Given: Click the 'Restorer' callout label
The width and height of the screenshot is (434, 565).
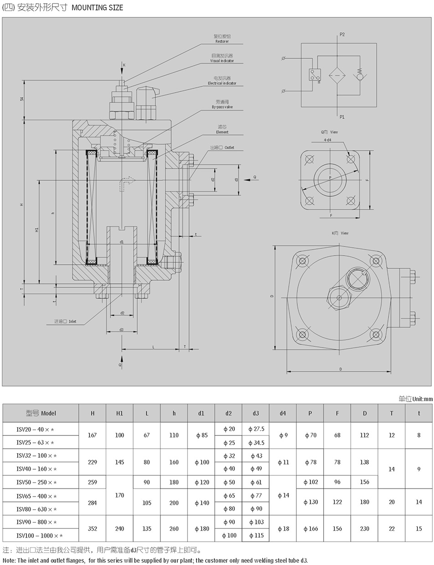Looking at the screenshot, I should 222,42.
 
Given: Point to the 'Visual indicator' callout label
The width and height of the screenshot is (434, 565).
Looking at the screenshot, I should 222,61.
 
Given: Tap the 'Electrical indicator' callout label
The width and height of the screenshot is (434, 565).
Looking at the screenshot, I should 222,84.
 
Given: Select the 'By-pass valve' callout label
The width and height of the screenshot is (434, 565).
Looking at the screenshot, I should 222,107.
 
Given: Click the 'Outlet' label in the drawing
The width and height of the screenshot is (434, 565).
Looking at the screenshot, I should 229,148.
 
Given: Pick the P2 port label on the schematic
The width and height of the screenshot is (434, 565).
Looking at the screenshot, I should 342,34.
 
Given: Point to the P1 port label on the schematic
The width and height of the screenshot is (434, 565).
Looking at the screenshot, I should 342,117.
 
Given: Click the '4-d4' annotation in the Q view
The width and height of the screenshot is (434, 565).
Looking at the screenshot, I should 327,140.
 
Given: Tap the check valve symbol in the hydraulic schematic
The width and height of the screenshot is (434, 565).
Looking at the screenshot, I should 361,74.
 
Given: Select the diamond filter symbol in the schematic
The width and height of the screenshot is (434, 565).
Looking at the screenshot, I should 337,74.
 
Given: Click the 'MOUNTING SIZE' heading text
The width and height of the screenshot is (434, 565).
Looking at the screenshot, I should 97,8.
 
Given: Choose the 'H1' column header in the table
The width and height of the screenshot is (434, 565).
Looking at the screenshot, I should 119,413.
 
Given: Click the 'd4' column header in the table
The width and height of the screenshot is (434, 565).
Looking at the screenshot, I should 283,413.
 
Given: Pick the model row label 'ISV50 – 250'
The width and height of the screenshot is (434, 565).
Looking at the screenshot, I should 37,482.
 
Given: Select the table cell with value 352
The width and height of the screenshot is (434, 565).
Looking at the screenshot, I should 93,528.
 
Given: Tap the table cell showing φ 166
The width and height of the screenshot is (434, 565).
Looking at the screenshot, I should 310,528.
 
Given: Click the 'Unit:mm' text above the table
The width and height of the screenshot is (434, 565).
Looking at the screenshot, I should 422,399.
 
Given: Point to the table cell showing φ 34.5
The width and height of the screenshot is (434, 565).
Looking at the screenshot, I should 256,443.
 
